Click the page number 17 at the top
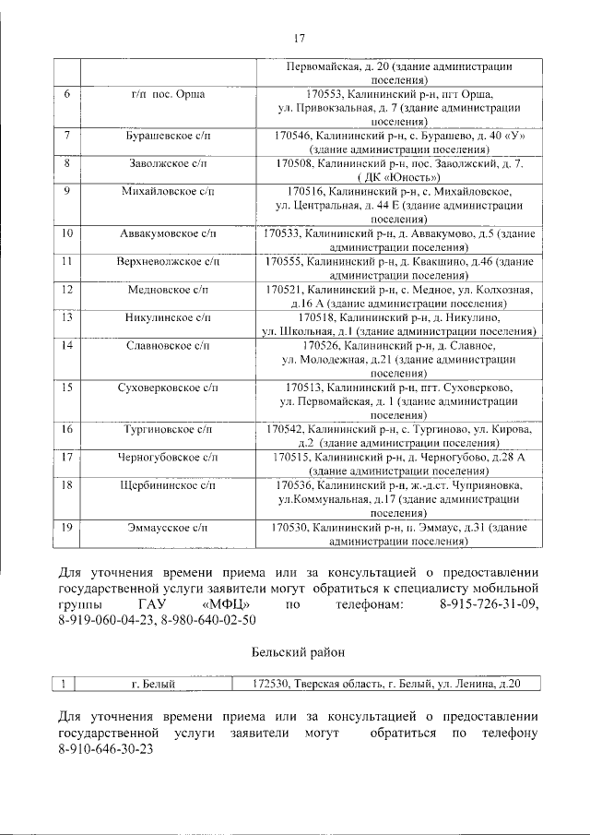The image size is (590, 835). click(x=299, y=38)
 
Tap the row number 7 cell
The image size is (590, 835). click(x=67, y=136)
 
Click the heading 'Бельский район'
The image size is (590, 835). click(x=298, y=652)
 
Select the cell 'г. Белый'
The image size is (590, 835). click(x=153, y=684)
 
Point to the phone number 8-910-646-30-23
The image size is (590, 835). click(x=105, y=750)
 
